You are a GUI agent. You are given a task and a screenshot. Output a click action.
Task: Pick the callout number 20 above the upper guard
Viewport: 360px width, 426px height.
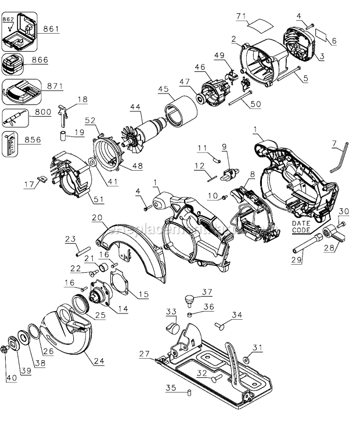96,218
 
